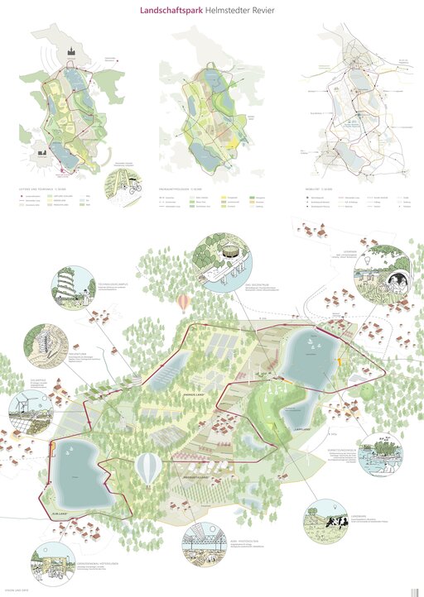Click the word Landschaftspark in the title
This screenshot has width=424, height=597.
pos(160,10)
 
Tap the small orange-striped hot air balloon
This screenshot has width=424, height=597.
pos(182,303)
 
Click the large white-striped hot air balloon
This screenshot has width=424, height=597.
pos(149,469)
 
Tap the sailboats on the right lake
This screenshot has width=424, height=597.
pos(309,341)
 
